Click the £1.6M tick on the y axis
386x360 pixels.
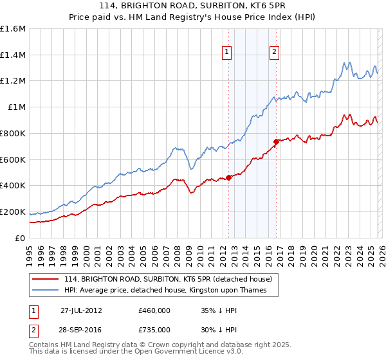point(13,29)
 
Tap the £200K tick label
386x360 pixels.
point(13,212)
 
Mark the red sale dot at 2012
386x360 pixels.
point(229,178)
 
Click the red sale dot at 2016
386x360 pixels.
point(276,141)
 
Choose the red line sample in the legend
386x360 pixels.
point(46,279)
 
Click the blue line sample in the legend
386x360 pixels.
point(46,291)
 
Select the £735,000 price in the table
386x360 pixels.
point(154,329)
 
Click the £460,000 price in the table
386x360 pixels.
point(154,310)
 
